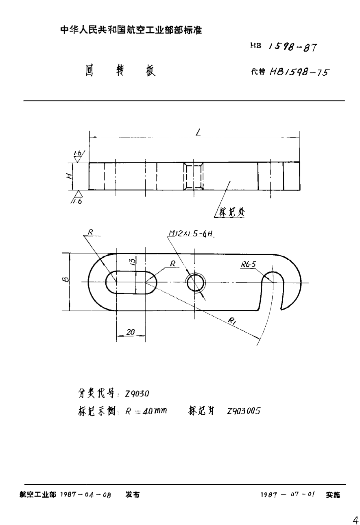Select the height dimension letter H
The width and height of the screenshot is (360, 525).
70,176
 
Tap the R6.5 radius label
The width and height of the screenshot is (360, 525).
248,265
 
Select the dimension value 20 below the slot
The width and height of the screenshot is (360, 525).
130,332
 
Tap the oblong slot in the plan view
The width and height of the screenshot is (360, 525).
130,282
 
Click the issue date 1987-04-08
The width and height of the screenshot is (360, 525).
85,495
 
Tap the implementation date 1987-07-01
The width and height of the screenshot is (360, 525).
288,495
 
